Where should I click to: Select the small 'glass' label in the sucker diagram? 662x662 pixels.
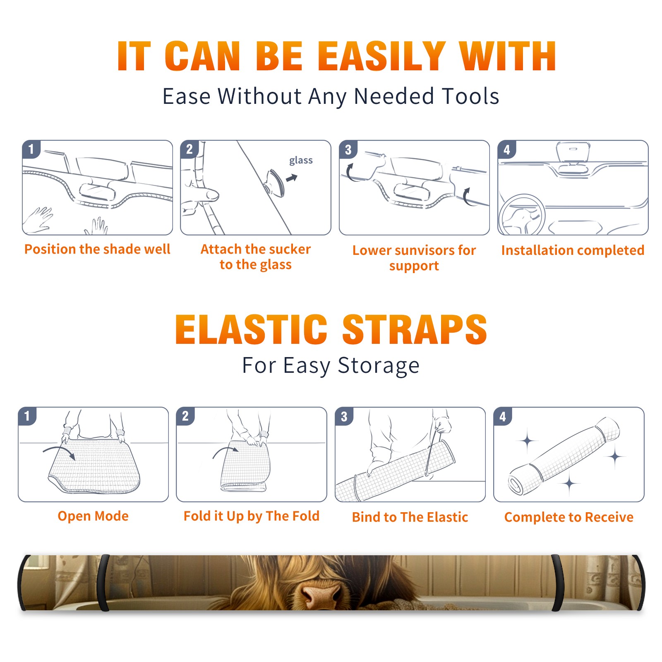coord(301,161)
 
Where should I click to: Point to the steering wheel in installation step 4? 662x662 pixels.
coord(522,215)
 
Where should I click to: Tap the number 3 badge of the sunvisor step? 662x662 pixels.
coord(348,149)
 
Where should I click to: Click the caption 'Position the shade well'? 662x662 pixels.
coord(97,249)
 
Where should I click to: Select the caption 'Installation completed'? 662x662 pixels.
coord(573,250)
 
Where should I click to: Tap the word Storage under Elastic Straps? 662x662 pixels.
coord(379,366)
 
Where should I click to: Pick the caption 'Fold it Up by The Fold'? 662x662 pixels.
coord(252,516)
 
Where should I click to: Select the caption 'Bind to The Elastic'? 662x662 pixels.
coord(410,517)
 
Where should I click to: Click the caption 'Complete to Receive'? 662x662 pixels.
coord(569,517)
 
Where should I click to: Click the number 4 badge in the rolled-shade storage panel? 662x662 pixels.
coord(503,416)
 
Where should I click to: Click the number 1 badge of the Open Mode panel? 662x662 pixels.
coord(27,416)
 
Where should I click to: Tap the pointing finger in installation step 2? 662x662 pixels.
coord(201,195)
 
